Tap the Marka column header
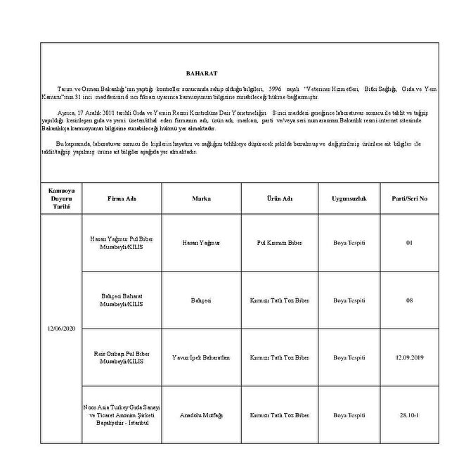[x=202, y=199]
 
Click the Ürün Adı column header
[x=279, y=199]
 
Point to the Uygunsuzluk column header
[x=349, y=199]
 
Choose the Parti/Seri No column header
[x=410, y=199]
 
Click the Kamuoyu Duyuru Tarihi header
[x=61, y=199]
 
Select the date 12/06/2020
[x=61, y=329]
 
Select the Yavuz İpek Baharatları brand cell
[x=202, y=357]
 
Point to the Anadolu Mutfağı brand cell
[x=202, y=415]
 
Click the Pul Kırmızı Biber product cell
[x=279, y=242]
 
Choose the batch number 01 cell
[x=410, y=242]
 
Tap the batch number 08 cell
[x=410, y=300]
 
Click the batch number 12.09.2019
[x=410, y=357]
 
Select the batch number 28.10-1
[x=410, y=415]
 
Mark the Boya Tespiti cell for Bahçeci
[x=349, y=300]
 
